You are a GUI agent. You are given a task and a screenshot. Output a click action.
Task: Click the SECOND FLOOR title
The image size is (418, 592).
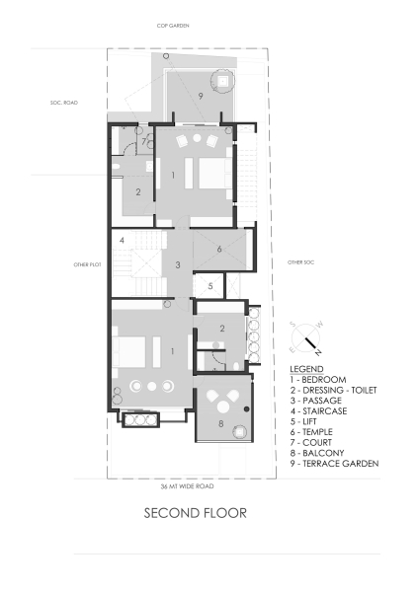tap(194, 512)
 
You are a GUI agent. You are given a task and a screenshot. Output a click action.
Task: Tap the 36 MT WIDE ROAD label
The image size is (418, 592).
tap(187, 486)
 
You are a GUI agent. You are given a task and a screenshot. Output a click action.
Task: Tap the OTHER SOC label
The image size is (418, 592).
tap(300, 262)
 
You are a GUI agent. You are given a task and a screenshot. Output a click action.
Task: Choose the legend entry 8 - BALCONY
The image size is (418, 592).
tap(309, 454)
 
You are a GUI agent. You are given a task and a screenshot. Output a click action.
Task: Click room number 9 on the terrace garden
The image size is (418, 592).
tap(201, 96)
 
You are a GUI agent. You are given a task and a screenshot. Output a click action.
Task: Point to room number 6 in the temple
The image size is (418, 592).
tap(219, 250)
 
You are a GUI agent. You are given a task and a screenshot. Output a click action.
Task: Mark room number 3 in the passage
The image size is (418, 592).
tap(178, 264)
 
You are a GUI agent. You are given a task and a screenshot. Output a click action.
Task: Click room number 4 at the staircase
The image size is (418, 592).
tap(121, 240)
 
